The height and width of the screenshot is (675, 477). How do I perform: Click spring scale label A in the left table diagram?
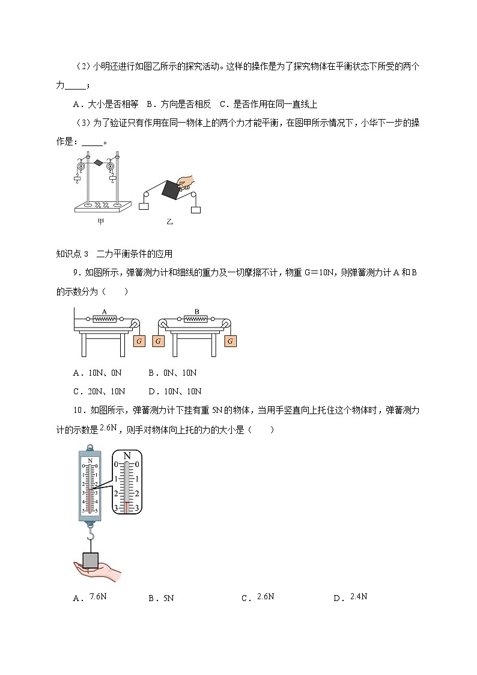(105, 312)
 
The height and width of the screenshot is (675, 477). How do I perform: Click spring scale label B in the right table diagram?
(196, 312)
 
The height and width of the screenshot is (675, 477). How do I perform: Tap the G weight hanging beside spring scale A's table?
(139, 341)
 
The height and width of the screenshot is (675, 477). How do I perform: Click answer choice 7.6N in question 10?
(97, 596)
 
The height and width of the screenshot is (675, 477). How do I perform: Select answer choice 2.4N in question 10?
(358, 596)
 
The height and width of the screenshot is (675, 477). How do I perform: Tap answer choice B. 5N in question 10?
(160, 598)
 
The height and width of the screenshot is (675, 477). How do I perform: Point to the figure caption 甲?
(100, 222)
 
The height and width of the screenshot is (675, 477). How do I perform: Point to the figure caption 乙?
(169, 222)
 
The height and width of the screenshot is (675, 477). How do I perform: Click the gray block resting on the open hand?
(90, 560)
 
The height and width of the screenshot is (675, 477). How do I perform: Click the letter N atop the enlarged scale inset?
(127, 456)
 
